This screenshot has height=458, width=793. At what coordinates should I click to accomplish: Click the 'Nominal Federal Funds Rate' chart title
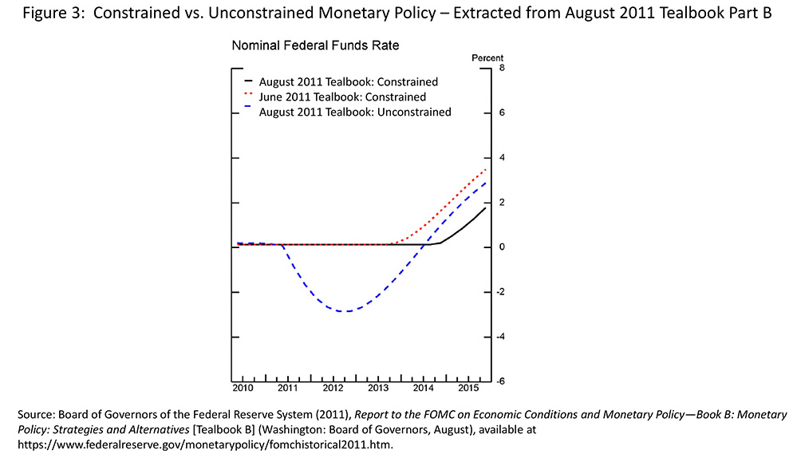point(315,46)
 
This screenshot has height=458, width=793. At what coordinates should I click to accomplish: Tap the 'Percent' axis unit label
point(487,58)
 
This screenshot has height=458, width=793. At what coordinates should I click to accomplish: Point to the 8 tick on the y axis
point(501,68)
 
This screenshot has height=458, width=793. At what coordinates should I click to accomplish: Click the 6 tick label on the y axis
point(501,113)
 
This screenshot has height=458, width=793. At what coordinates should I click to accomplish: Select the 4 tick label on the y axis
point(501,157)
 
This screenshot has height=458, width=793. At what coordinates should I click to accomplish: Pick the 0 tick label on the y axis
point(501,247)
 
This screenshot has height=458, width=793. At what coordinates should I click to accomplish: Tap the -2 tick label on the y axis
point(499,292)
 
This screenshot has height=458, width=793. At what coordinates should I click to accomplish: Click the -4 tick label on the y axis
point(499,337)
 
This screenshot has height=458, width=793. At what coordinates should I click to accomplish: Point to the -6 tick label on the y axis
point(499,381)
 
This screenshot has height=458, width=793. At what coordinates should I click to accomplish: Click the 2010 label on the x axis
point(243,389)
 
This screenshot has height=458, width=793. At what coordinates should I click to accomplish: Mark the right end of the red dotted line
point(486,168)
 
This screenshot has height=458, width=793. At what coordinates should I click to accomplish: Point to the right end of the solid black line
point(486,207)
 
